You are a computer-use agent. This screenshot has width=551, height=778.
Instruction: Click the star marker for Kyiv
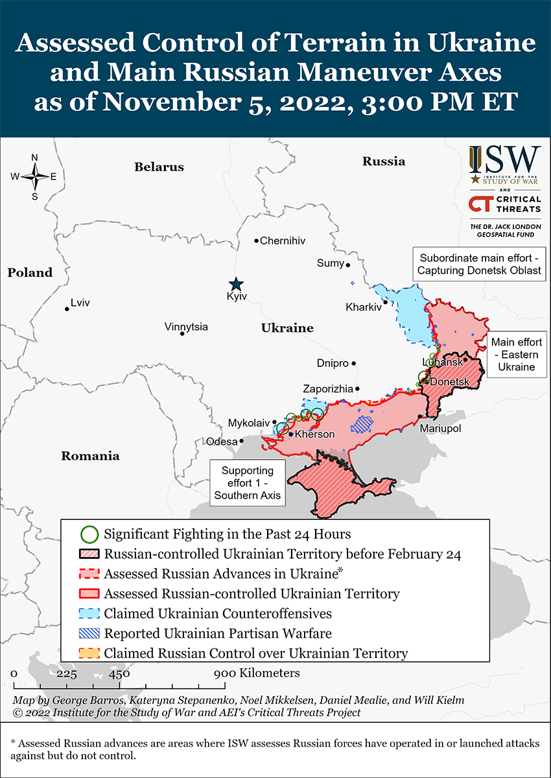[x=237, y=284]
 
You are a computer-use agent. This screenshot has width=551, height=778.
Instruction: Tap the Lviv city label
[x=80, y=303]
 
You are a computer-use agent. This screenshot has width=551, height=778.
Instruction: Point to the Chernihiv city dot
[x=257, y=241]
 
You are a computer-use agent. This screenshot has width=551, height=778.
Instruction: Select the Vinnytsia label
[x=186, y=326]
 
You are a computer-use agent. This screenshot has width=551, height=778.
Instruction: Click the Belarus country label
[x=159, y=167]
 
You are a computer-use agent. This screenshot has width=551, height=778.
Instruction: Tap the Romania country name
[x=90, y=456]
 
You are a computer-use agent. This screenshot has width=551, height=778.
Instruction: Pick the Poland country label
[x=30, y=272]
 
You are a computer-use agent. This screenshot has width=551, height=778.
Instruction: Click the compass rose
[x=34, y=176]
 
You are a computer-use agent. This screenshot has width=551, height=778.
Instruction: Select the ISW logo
[x=504, y=165]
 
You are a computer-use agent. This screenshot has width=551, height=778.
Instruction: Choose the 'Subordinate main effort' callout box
[x=479, y=263]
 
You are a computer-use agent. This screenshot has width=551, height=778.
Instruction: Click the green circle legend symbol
[x=89, y=535]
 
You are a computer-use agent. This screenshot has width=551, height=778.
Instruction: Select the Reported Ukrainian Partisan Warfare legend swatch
[x=89, y=633]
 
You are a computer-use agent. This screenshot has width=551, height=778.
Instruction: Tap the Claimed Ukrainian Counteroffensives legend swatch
[x=89, y=613]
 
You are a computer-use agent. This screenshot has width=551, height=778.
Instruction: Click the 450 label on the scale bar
[x=119, y=673]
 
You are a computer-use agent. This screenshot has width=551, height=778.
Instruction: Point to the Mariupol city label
[x=440, y=429]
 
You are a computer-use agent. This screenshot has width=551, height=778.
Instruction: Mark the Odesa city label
[x=222, y=442]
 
